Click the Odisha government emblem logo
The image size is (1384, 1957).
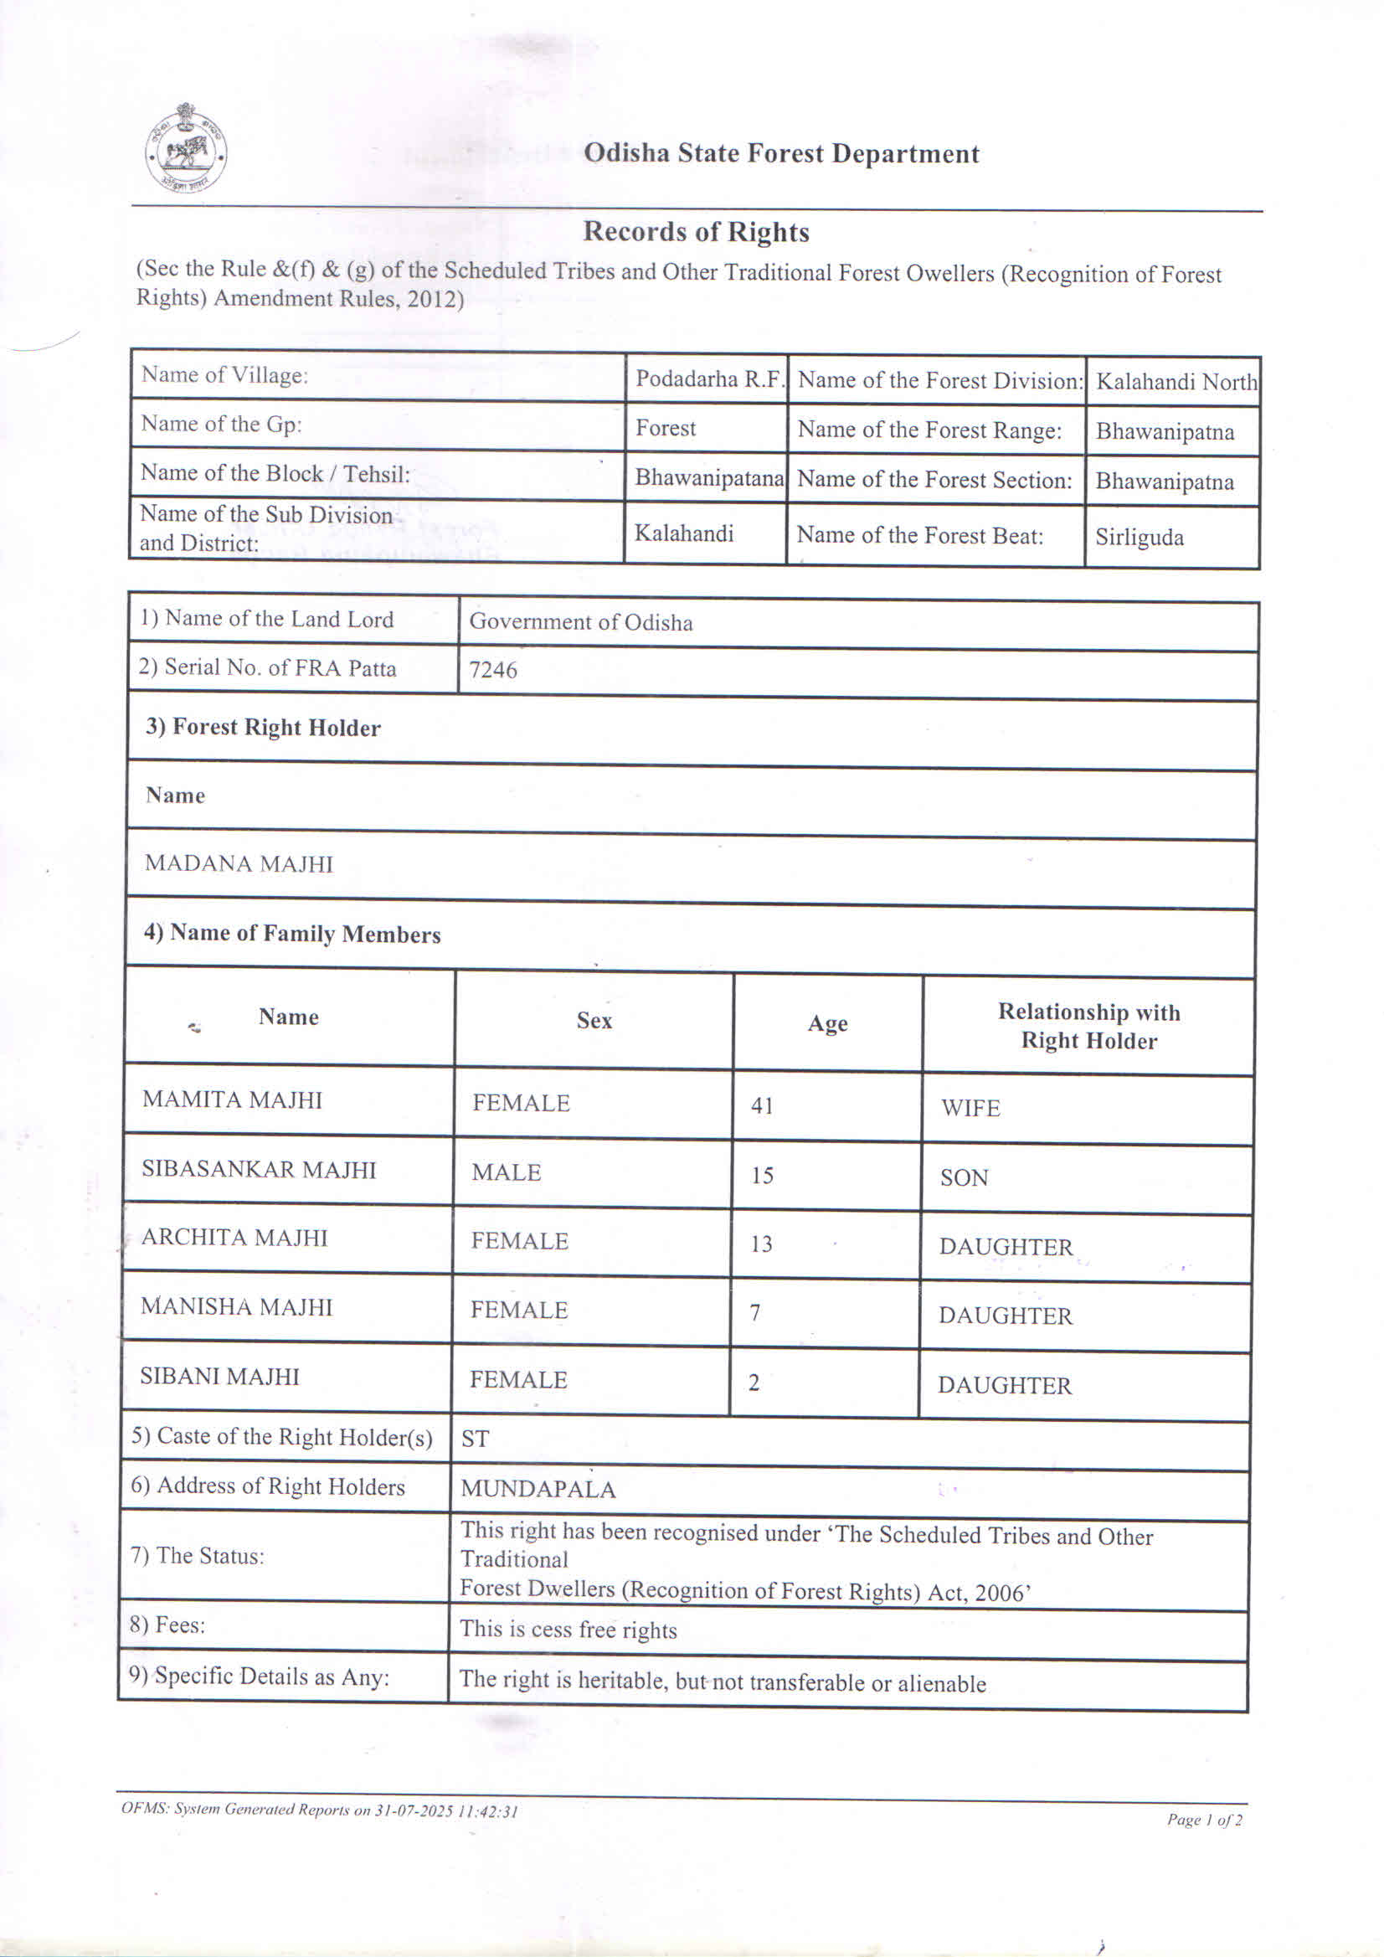186,149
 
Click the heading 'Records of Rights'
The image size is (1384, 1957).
696,232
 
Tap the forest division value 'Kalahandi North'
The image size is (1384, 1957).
1176,382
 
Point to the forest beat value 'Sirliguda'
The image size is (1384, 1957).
1140,538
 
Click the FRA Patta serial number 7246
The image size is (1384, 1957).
493,670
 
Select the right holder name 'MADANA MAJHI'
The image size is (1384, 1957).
239,863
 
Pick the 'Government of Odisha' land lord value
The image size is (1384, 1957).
580,622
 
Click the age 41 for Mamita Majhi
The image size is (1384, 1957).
762,1105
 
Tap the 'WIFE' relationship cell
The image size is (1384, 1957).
970,1108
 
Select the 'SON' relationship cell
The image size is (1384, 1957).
964,1178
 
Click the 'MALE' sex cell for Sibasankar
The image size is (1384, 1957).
507,1173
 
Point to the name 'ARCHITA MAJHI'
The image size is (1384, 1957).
234,1238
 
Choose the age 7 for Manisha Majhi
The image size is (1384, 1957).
755,1314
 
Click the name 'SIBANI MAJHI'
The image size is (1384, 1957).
220,1377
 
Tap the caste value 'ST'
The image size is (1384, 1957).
475,1439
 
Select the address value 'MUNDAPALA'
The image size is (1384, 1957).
538,1489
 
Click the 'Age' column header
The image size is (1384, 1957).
827,1022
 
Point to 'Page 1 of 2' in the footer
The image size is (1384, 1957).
1204,1820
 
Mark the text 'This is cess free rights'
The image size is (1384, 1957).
569,1630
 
